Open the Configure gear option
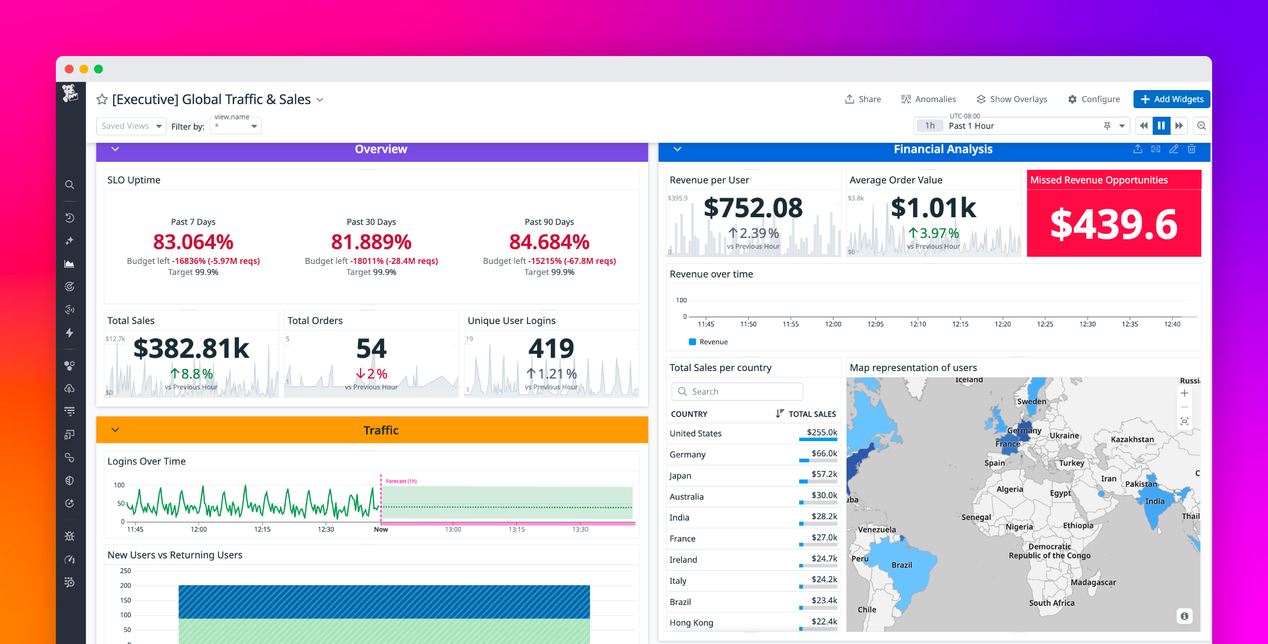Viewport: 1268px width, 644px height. click(1094, 99)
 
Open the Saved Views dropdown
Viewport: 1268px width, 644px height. click(131, 126)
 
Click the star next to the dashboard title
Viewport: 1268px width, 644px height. click(102, 99)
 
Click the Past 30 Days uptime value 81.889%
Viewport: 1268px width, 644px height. click(371, 242)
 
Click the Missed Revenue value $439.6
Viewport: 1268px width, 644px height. click(1114, 225)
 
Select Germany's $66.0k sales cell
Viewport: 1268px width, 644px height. click(824, 453)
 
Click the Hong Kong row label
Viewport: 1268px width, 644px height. click(691, 622)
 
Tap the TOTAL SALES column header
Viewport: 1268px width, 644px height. click(812, 414)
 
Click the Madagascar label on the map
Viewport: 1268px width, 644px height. click(1093, 582)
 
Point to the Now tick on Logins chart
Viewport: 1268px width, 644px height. click(380, 529)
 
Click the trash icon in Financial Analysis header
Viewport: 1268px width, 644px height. click(1191, 149)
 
